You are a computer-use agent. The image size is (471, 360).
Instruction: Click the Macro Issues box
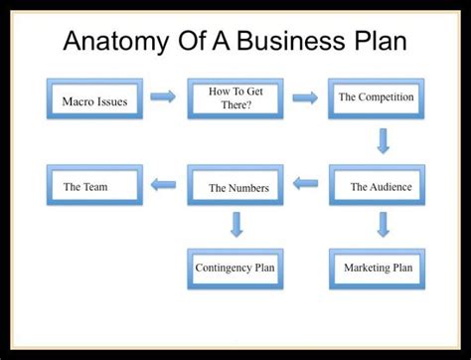coord(94,100)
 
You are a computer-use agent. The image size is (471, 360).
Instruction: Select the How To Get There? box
coord(235,98)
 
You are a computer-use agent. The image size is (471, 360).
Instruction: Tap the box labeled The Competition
coord(376,97)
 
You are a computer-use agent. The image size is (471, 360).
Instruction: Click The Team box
coord(94,186)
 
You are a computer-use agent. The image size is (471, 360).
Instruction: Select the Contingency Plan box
coord(235,268)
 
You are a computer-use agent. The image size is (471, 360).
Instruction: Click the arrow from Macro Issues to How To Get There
coord(165,97)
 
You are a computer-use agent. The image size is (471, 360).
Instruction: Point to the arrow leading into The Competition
coord(305,97)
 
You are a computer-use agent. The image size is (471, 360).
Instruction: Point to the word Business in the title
coord(300,41)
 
